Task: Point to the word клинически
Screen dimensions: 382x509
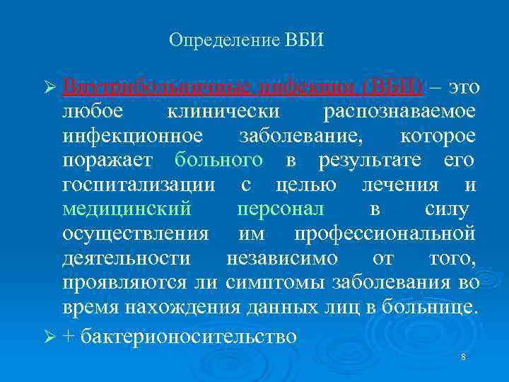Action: [x=223, y=112]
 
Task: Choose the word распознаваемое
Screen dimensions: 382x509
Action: [x=399, y=112]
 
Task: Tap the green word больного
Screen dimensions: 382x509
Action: [x=218, y=161]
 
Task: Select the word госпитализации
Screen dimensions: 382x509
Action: [x=139, y=185]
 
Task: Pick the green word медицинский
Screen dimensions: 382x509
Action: [x=127, y=210]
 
